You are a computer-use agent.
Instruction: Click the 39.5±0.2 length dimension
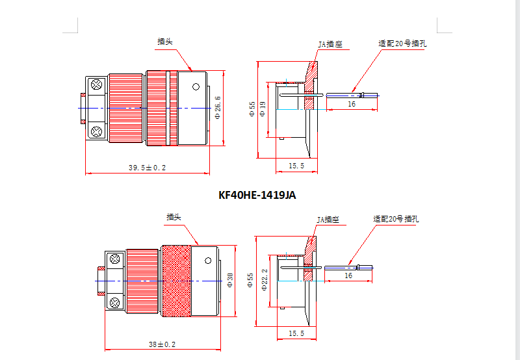(147, 168)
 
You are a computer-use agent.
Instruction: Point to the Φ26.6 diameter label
(218, 108)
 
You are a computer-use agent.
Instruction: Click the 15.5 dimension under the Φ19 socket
(296, 166)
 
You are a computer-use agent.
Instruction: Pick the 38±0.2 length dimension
(162, 344)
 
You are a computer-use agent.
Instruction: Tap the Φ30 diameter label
(230, 280)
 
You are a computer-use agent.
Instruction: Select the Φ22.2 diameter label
(265, 280)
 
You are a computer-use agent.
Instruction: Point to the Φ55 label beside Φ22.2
(252, 280)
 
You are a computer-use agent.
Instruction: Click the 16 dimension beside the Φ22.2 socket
(348, 276)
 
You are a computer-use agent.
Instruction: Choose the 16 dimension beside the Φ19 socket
(351, 104)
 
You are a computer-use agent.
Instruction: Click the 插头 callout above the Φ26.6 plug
(164, 42)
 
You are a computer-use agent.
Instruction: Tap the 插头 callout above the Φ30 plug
(174, 217)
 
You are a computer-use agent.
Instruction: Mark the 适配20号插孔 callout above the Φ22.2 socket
(396, 220)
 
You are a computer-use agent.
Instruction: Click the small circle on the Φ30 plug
(207, 261)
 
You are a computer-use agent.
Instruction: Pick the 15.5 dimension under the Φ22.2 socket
(296, 333)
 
